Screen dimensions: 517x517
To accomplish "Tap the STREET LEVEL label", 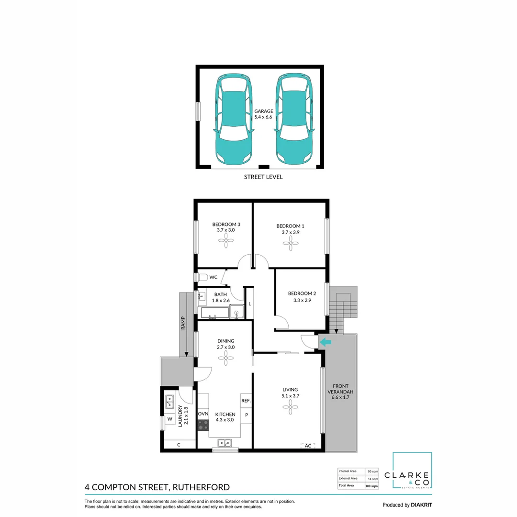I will (x=263, y=177).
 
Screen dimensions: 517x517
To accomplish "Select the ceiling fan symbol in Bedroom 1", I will (x=289, y=244).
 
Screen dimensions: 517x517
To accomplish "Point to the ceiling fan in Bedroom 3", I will (x=225, y=241).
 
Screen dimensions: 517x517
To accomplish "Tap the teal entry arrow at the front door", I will (x=326, y=342).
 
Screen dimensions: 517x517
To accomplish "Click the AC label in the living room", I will (x=308, y=445).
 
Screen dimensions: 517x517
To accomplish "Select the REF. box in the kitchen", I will (x=246, y=400).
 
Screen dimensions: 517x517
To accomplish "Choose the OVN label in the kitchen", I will (x=203, y=414).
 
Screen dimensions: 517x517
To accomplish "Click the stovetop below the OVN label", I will (x=203, y=425).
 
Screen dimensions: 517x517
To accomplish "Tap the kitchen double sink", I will (x=225, y=443).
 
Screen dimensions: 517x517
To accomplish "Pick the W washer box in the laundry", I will (x=169, y=419).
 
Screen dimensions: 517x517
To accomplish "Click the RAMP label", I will (x=183, y=325).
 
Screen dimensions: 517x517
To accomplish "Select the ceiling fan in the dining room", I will (x=225, y=359).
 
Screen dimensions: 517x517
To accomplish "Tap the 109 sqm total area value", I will (x=371, y=486).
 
